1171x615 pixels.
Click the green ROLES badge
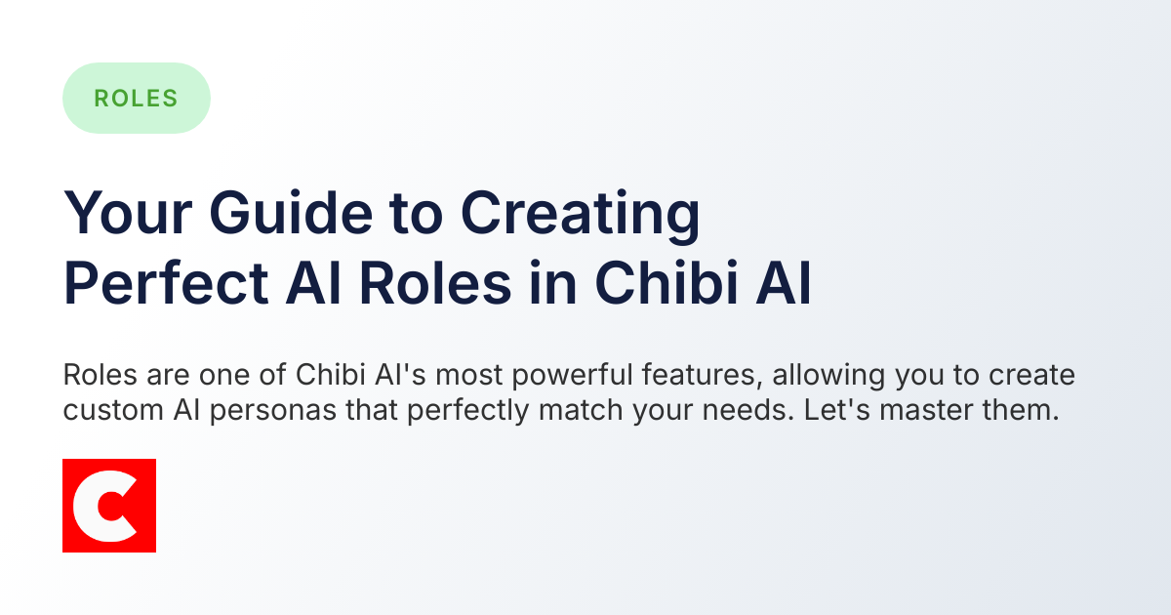[x=136, y=98]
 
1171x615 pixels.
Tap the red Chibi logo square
[x=109, y=506]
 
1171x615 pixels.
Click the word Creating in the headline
[x=580, y=214]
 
